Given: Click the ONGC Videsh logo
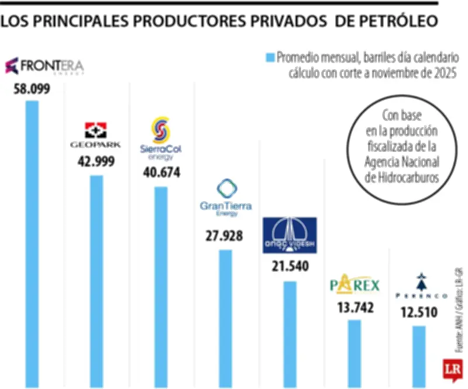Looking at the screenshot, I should (x=290, y=235).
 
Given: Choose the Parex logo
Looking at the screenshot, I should (x=355, y=286).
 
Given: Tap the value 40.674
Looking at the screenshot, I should (x=161, y=173).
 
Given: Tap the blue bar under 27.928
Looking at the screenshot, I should (x=225, y=318).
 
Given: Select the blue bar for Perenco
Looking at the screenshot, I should (x=419, y=356).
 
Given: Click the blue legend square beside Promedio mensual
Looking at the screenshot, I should (x=270, y=57).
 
